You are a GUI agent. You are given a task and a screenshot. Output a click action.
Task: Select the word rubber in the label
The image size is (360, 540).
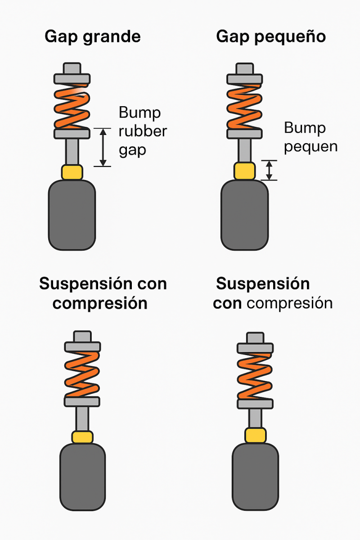click(143, 131)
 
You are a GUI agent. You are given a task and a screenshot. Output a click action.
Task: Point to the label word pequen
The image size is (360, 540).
click(311, 147)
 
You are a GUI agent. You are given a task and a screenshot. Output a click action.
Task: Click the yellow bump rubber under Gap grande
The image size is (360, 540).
click(72, 172)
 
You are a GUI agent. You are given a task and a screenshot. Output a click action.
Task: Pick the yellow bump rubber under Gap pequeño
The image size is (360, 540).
click(244, 171)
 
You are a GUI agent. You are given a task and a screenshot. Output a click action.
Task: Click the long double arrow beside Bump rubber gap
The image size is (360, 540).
click(103, 147)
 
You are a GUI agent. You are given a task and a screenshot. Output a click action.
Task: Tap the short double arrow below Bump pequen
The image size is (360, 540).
click(269, 170)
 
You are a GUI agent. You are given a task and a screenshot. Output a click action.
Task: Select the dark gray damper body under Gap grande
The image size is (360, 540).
click(72, 215)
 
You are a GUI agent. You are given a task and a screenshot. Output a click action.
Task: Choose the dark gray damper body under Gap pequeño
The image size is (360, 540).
click(245, 215)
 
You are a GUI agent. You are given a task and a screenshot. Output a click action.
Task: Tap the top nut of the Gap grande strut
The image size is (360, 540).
click(72, 69)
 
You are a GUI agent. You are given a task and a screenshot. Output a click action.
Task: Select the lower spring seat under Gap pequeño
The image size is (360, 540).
click(244, 134)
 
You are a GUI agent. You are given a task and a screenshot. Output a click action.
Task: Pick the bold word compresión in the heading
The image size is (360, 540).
click(100, 303)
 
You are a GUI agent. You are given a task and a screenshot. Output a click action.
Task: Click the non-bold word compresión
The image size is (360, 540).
click(290, 303)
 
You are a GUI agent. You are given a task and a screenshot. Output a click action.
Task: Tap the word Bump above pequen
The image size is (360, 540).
click(305, 128)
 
